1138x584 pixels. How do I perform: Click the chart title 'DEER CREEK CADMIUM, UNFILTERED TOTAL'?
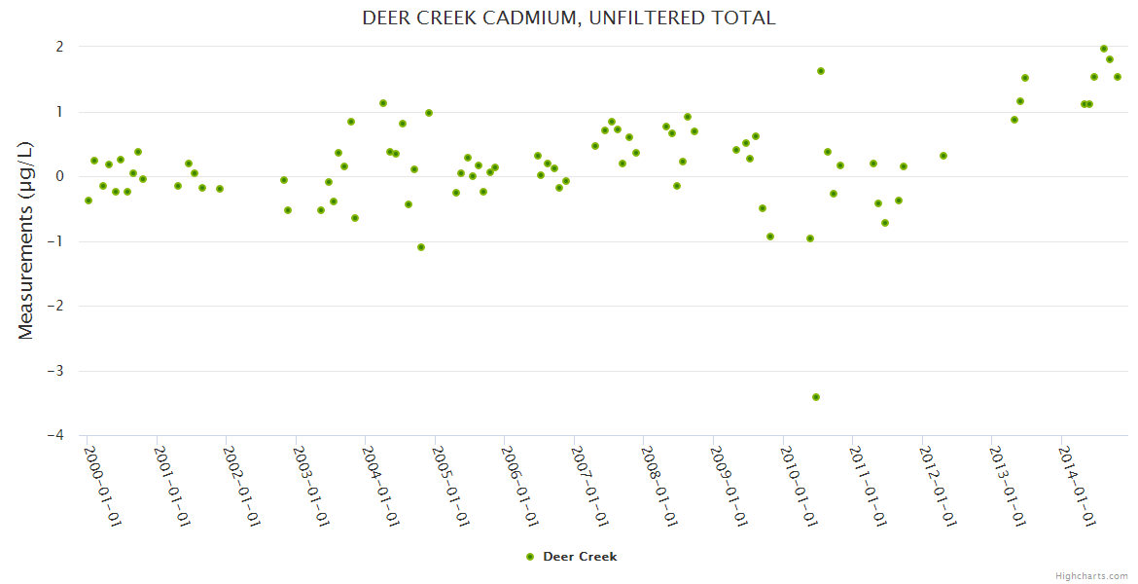point(568,18)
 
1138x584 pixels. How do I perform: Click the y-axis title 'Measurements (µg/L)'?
point(26,241)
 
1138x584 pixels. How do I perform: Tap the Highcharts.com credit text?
point(1091,575)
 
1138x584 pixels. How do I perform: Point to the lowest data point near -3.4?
point(816,397)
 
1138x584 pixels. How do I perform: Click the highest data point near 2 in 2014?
point(1104,49)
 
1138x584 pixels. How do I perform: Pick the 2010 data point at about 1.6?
point(821,71)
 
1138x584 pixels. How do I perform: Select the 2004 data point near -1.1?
point(421,247)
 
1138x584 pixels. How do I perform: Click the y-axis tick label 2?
point(59,47)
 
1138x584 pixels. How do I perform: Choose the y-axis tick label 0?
point(59,176)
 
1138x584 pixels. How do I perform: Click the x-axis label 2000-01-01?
point(102,485)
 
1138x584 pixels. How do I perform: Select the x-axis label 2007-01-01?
point(589,485)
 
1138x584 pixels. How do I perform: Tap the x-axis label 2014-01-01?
point(1077,485)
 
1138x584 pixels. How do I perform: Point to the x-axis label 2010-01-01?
point(799,485)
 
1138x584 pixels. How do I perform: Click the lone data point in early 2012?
point(942,156)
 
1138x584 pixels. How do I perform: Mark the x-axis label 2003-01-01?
point(311,485)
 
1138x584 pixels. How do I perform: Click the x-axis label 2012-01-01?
point(938,485)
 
